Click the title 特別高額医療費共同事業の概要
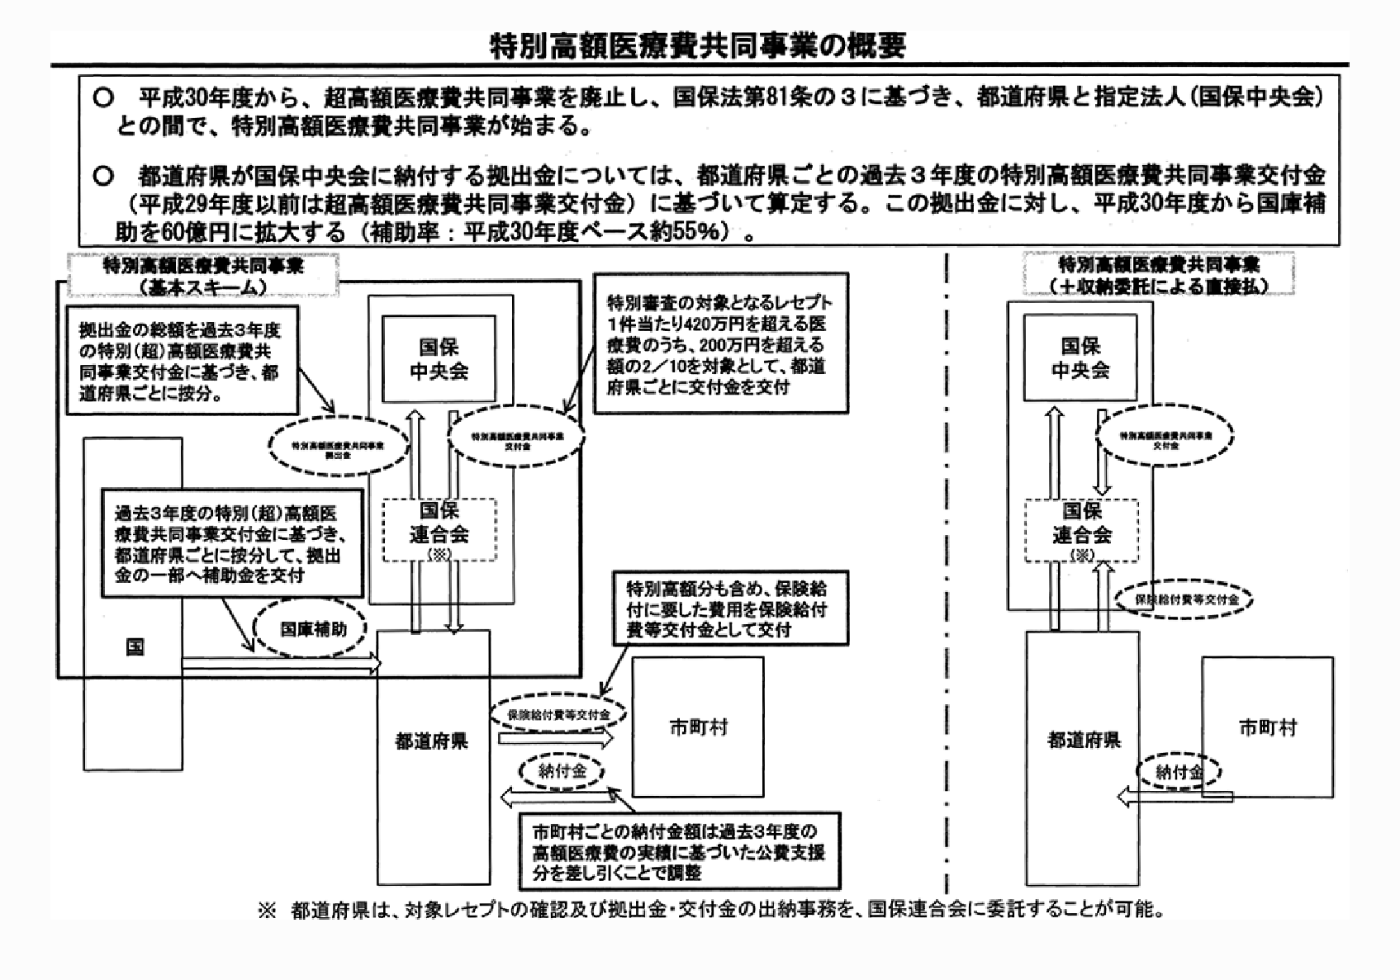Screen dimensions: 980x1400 tap(698, 45)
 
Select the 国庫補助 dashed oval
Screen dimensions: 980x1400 tap(312, 628)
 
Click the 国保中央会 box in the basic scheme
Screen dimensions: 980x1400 tap(439, 359)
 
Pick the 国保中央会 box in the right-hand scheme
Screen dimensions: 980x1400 tap(1080, 359)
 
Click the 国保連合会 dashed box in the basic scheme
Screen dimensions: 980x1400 tap(439, 528)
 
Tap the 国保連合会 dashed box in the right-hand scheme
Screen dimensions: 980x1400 tap(1081, 528)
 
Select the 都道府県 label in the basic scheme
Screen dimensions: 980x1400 tap(431, 741)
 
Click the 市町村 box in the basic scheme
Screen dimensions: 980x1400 tap(698, 727)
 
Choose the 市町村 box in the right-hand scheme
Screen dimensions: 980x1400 tap(1267, 727)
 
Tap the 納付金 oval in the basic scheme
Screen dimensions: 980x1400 tap(562, 771)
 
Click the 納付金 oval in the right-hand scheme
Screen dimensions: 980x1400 tap(1179, 772)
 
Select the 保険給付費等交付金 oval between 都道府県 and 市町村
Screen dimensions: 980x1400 tap(558, 714)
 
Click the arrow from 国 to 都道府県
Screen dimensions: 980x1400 tap(281, 661)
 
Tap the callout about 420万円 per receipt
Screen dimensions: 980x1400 tap(720, 344)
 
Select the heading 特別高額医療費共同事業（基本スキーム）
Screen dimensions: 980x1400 tap(203, 276)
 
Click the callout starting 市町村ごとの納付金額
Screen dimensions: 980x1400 tap(679, 852)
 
